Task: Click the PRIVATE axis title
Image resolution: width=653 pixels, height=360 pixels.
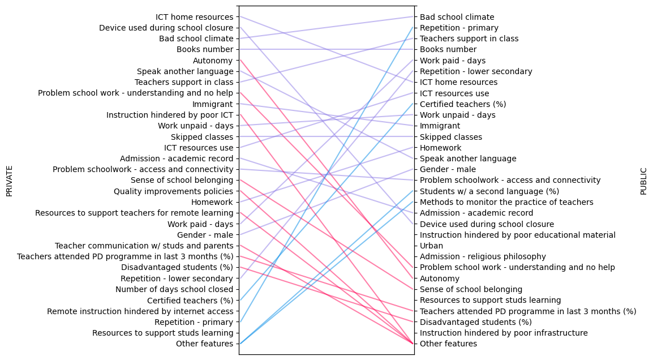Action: (x=9, y=181)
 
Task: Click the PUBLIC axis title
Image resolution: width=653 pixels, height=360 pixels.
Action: (x=643, y=181)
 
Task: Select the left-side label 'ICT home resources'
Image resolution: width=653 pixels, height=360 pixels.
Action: (x=194, y=17)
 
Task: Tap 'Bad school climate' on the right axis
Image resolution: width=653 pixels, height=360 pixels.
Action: (x=457, y=17)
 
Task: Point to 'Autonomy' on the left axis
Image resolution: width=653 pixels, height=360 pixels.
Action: (x=213, y=61)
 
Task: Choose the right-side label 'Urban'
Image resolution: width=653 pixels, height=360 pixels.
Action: (x=431, y=246)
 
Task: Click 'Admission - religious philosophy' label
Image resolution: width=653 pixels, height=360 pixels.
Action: (x=483, y=256)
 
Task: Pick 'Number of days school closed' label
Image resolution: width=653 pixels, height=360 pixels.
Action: (x=174, y=289)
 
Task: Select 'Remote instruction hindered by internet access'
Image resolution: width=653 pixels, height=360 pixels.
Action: (x=140, y=311)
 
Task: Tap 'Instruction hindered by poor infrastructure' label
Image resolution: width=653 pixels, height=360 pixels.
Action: (x=504, y=333)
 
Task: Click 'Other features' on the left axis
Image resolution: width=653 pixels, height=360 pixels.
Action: (x=204, y=344)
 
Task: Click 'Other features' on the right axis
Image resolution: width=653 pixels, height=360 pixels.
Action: (x=448, y=344)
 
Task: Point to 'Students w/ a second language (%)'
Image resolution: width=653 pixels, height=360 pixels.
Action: (x=489, y=191)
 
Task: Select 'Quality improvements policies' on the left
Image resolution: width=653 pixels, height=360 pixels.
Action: (x=173, y=191)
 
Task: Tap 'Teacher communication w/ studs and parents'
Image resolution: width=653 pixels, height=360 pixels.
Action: (x=144, y=246)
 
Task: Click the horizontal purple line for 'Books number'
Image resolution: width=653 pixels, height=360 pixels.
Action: (x=326, y=49)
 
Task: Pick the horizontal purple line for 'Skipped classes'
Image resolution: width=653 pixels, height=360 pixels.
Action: (x=326, y=136)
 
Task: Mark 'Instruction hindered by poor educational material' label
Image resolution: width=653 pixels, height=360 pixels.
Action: (x=517, y=235)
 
